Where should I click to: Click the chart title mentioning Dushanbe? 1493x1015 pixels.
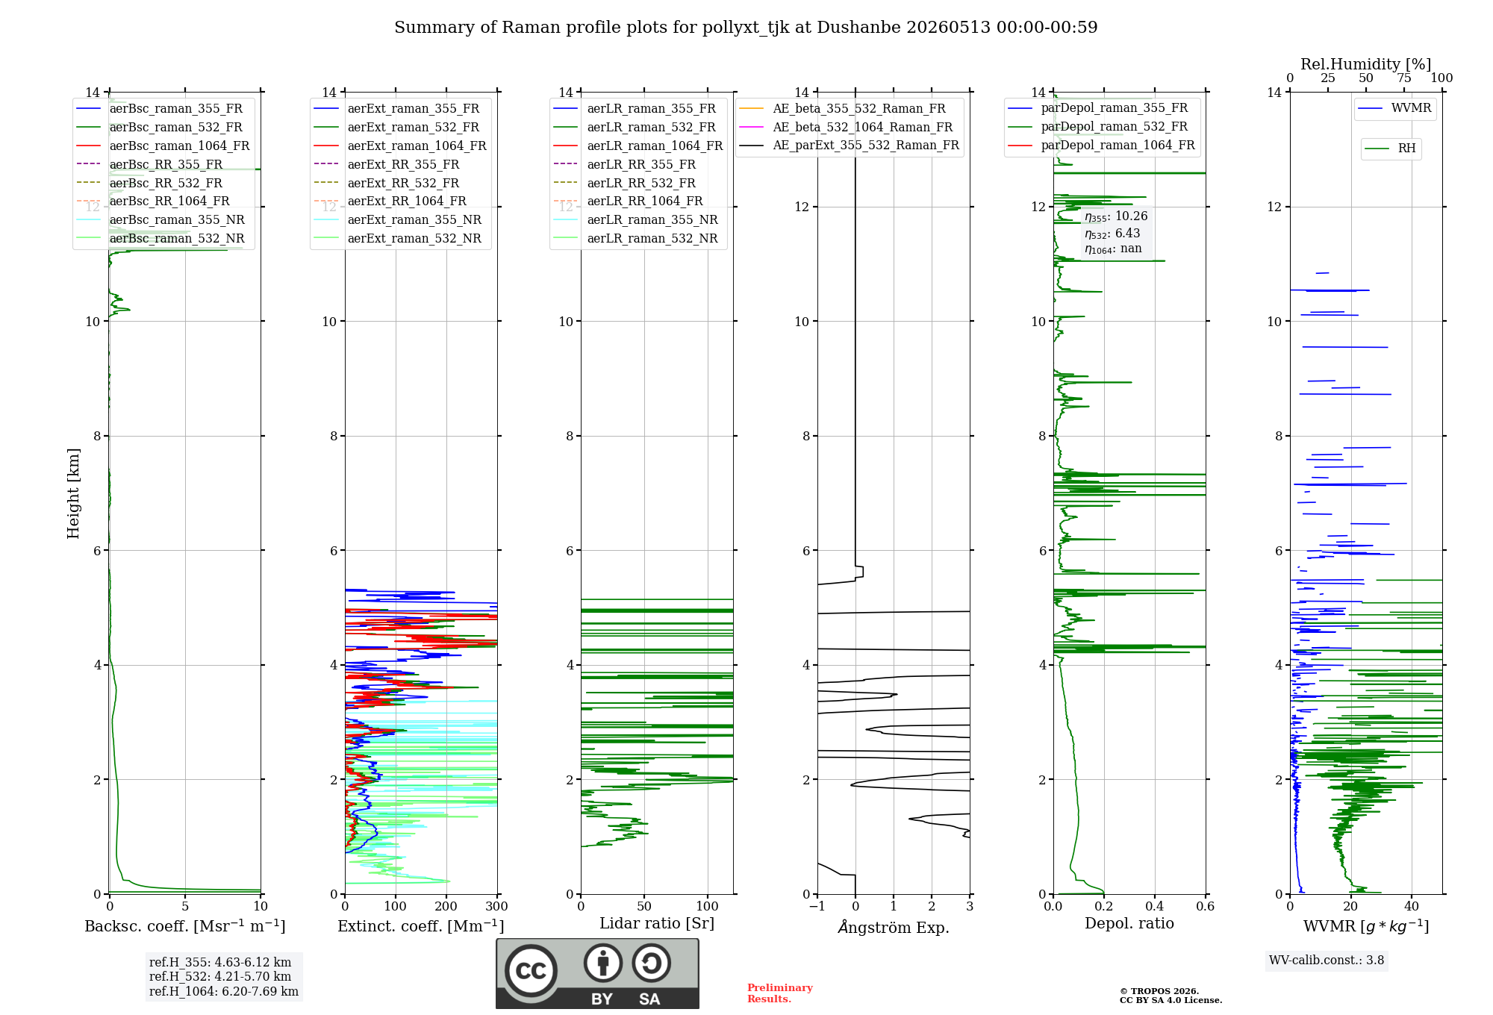point(746,28)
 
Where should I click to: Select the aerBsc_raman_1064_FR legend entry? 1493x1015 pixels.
point(163,146)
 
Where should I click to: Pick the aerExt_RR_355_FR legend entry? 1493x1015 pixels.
point(387,164)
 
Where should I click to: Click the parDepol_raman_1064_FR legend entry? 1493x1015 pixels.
point(1101,145)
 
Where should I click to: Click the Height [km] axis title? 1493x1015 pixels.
point(73,493)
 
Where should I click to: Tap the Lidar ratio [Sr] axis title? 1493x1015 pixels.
point(657,923)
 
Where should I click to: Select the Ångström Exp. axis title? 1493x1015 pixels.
point(894,927)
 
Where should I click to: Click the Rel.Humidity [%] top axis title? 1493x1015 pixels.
point(1366,64)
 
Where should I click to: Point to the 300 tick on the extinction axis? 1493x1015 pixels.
point(497,906)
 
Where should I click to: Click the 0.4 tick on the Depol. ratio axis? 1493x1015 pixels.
point(1155,906)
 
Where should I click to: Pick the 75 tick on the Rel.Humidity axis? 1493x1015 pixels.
point(1404,78)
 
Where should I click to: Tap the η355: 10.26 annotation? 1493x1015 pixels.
point(1116,216)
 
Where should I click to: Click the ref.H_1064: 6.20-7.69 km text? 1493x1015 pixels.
point(224,991)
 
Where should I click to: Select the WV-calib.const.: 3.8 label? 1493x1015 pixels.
point(1327,960)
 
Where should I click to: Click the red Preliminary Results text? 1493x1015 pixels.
point(780,993)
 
